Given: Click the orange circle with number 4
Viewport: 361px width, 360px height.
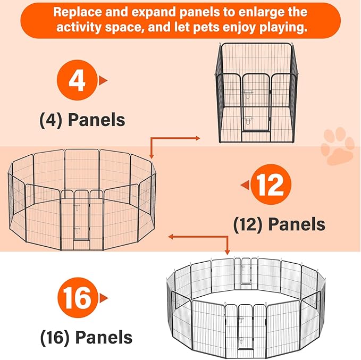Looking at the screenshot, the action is [x=77, y=80].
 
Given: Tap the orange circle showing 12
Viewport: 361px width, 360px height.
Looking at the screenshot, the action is [x=271, y=185].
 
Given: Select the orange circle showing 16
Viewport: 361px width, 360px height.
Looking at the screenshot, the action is [x=78, y=298].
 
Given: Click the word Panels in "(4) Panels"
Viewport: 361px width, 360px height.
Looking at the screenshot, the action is [x=96, y=120].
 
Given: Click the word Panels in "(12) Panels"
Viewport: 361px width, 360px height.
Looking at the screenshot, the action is [x=297, y=224].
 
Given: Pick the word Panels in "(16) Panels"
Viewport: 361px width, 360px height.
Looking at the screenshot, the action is [x=104, y=337].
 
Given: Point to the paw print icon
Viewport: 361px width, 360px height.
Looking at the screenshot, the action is [x=338, y=146].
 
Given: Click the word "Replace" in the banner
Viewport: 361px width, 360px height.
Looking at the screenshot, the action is [x=78, y=12].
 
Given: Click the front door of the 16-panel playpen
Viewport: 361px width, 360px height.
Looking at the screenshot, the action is [x=246, y=328].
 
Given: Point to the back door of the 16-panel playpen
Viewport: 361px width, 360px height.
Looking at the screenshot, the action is [x=246, y=271].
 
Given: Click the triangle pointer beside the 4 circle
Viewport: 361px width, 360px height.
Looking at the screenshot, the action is [x=103, y=81].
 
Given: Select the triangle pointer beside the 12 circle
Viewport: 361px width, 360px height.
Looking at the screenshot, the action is [x=245, y=185].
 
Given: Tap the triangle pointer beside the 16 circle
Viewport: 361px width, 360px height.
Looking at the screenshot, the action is [x=104, y=298].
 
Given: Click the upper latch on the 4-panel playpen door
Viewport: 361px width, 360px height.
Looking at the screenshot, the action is [x=248, y=93].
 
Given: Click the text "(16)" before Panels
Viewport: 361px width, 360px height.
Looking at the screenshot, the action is [x=55, y=338].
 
